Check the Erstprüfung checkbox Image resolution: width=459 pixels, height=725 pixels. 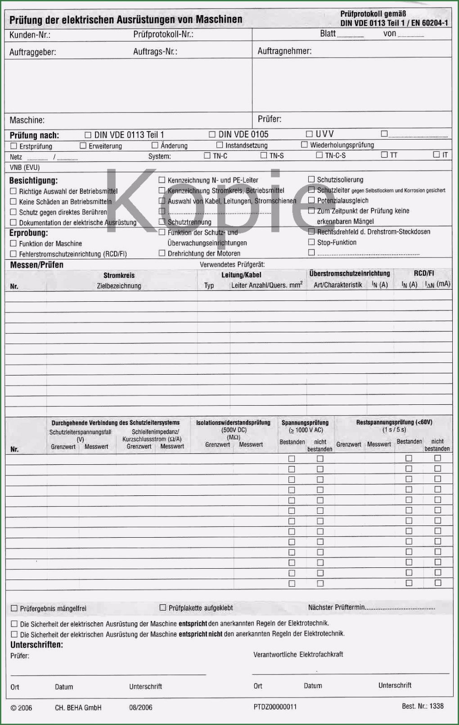(13, 146)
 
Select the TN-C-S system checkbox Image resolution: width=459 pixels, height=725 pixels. (319, 155)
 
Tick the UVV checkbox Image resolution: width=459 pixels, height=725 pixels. (309, 134)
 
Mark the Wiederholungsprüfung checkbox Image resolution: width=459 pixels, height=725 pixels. (304, 145)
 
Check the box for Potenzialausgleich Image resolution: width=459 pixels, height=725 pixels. (311, 200)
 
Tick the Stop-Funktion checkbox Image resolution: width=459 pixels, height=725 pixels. (311, 242)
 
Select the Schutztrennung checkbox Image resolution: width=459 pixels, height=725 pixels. (162, 222)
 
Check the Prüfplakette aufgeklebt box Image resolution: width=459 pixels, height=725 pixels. (163, 607)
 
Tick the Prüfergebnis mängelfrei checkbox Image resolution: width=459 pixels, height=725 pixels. (14, 608)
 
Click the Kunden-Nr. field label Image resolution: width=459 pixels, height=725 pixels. (30, 35)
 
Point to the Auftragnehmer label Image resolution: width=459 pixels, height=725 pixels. (284, 51)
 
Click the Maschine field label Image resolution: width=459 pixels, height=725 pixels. (27, 120)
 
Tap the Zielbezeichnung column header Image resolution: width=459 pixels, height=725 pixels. (119, 286)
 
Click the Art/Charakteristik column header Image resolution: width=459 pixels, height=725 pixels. (337, 285)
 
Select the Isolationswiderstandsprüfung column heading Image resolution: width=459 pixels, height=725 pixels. (233, 423)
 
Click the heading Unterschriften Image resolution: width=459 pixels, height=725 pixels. (36, 645)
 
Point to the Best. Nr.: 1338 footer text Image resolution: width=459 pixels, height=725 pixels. (423, 706)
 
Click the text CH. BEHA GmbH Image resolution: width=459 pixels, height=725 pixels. (78, 707)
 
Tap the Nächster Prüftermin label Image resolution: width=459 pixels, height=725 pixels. (336, 607)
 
